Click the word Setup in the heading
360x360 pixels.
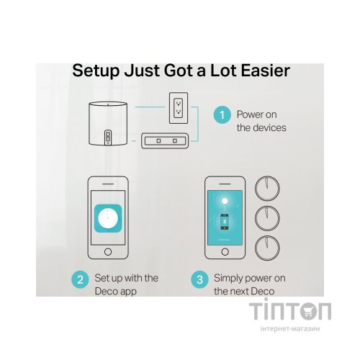point(96,71)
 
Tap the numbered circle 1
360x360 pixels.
point(222,115)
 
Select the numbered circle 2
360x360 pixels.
point(80,279)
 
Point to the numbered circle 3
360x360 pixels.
point(199,279)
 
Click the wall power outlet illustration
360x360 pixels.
point(179,108)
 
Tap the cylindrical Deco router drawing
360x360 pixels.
point(108,124)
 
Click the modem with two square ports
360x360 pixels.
point(165,140)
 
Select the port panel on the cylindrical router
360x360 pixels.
point(108,138)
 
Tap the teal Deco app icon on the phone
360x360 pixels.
point(108,218)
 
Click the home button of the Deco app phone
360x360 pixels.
point(108,252)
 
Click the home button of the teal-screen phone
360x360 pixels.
point(225,252)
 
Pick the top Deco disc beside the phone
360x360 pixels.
point(267,189)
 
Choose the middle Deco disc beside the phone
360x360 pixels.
point(267,218)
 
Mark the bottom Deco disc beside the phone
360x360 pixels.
point(267,248)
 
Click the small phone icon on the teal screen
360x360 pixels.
point(225,222)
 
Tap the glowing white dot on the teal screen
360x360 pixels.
point(225,201)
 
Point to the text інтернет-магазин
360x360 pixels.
point(290,328)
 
